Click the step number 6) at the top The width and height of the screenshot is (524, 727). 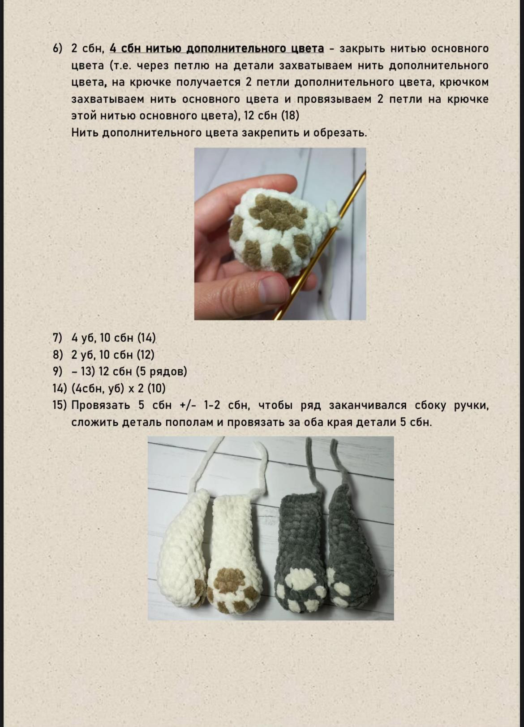point(58,49)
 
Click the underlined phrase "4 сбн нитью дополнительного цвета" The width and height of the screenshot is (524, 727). point(217,48)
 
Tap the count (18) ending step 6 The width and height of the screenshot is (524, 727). point(290,116)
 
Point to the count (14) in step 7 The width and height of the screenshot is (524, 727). point(146,338)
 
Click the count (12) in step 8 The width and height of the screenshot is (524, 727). point(145,355)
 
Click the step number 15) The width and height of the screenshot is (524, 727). point(59,405)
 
